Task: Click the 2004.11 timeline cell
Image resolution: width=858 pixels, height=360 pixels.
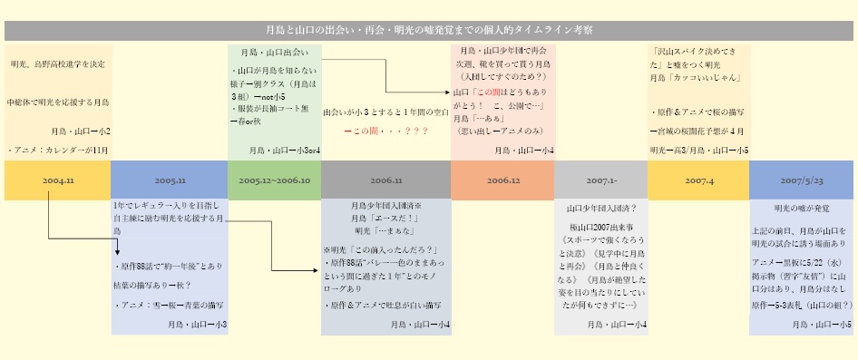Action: click(57, 180)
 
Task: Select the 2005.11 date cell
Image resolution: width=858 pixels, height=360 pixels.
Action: click(170, 180)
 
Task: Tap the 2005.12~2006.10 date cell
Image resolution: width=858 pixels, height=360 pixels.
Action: click(275, 180)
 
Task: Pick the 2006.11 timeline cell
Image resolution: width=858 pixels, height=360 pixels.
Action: click(386, 180)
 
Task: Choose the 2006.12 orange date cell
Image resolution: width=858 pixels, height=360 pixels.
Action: click(502, 180)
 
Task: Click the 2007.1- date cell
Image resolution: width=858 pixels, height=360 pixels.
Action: click(600, 180)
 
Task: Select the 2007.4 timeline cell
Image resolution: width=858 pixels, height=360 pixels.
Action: click(698, 180)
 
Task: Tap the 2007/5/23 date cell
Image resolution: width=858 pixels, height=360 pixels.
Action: click(802, 180)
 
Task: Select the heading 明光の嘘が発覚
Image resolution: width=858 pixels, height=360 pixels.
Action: click(802, 208)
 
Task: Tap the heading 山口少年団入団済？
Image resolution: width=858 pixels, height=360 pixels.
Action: click(600, 208)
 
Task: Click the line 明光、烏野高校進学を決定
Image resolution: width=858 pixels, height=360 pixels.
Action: click(57, 64)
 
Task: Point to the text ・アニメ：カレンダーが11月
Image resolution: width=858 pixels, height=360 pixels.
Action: click(57, 151)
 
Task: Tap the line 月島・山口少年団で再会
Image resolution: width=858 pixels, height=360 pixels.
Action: click(502, 52)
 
